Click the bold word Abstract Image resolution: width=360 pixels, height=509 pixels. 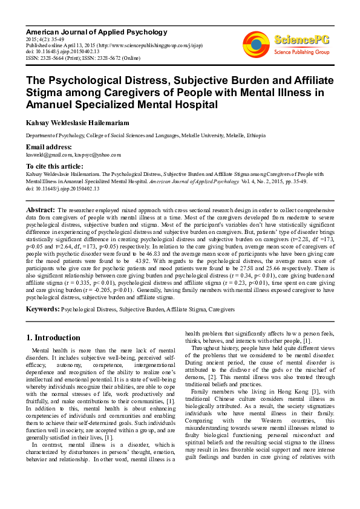(x=41, y=209)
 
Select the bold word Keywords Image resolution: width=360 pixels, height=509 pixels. (x=42, y=309)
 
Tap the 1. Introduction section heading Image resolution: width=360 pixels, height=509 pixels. (x=53, y=338)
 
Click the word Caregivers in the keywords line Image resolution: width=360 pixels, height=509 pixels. (x=223, y=309)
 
